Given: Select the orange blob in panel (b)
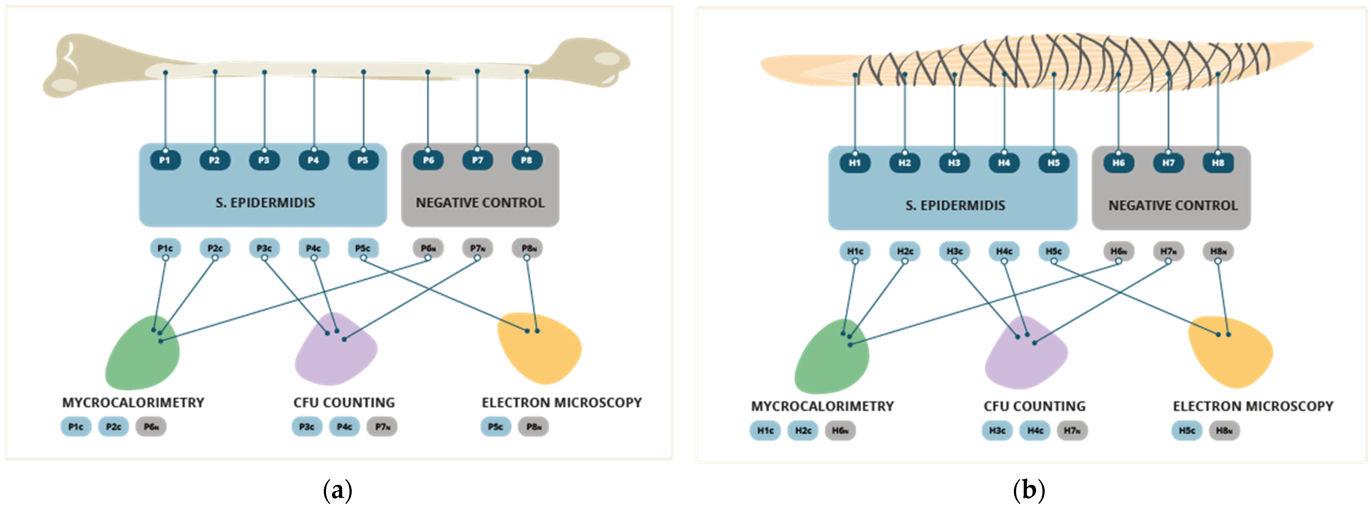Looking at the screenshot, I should click(x=1232, y=354).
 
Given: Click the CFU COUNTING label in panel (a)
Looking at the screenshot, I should click(x=344, y=403).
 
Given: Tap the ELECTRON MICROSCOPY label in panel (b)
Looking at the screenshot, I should click(x=1253, y=406).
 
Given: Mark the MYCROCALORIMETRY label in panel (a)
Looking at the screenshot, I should click(x=133, y=403).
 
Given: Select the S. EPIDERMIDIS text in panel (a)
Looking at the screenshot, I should click(x=265, y=203).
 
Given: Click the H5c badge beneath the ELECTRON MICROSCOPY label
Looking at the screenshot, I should click(x=1186, y=430).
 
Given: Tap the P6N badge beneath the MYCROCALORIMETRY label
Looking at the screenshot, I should click(x=151, y=426).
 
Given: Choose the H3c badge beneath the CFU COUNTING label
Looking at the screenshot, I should click(x=997, y=430).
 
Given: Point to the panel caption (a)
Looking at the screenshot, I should click(x=337, y=489).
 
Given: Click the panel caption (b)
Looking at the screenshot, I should click(x=1028, y=489).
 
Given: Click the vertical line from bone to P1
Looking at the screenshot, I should click(x=166, y=112).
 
